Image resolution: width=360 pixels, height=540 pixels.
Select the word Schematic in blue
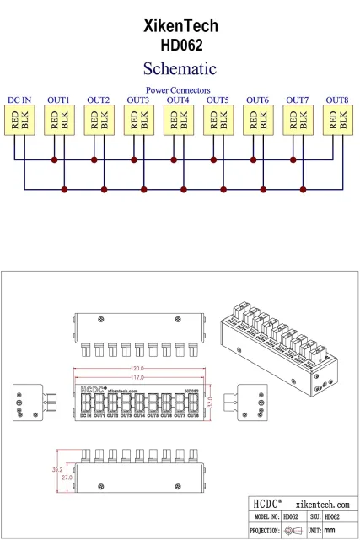pos(180,68)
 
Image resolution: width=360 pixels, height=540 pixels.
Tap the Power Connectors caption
pos(178,89)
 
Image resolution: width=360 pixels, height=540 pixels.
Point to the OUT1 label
pos(59,100)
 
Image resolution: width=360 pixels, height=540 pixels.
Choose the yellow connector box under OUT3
pos(138,121)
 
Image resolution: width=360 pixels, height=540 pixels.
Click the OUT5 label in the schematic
pos(218,100)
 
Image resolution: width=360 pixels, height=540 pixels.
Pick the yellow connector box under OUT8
pos(337,121)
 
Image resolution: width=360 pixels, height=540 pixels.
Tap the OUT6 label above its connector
pos(257,100)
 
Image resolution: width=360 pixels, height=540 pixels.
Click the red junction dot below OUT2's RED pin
pos(94,159)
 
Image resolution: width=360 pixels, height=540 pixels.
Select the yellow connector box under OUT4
pos(178,121)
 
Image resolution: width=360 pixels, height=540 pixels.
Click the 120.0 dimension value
pos(137,370)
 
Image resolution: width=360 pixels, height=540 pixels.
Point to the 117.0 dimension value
pos(137,377)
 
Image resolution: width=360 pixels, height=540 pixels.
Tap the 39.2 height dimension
pos(57,469)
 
